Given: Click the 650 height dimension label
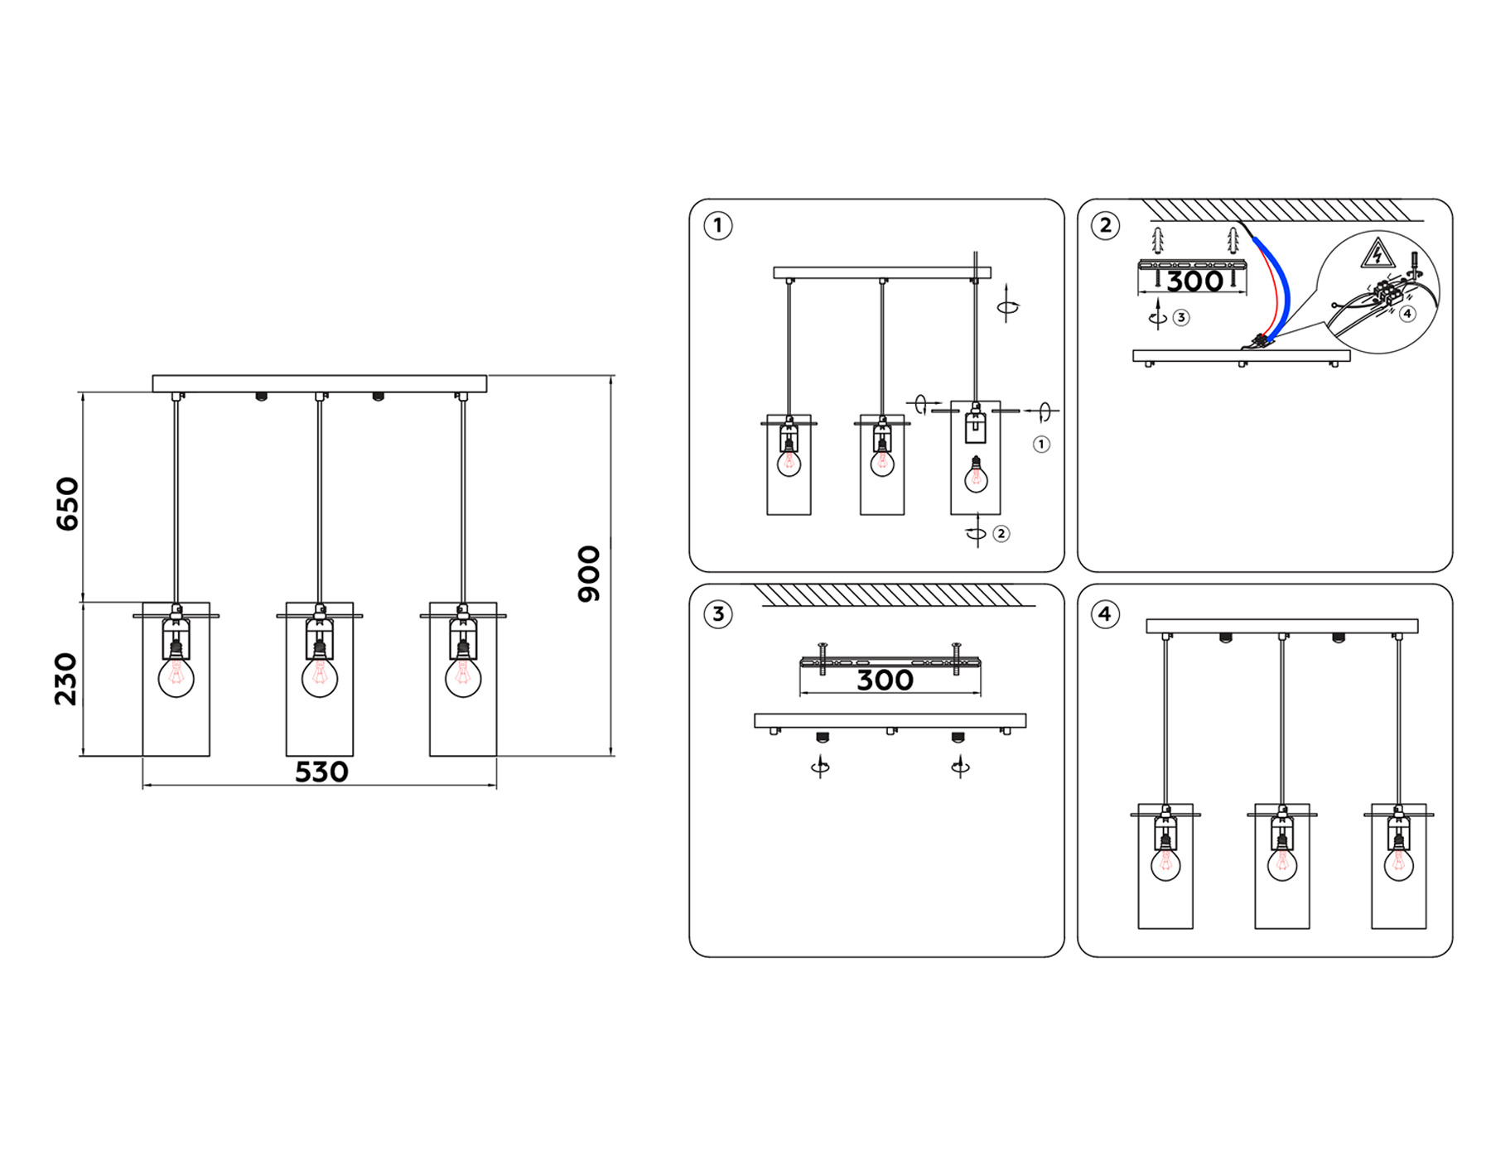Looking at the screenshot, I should click(x=67, y=503).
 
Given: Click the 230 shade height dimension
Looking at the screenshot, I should click(x=66, y=679).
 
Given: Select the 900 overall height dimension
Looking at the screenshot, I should click(x=589, y=574).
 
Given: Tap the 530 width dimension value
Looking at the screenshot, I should click(x=321, y=772).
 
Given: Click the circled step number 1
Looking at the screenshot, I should click(x=717, y=225).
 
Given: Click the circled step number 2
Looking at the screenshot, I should click(x=1105, y=225).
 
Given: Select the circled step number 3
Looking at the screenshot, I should click(x=717, y=613).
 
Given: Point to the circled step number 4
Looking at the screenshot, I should click(x=1105, y=613).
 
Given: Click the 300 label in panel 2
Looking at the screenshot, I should click(x=1194, y=281).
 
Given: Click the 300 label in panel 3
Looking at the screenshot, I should click(x=885, y=680).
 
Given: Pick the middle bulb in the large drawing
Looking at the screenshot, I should click(x=320, y=676).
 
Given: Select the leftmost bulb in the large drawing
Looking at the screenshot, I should click(x=176, y=676).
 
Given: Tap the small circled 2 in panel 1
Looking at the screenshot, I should click(x=1001, y=534).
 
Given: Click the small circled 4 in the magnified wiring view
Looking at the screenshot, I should click(x=1407, y=314).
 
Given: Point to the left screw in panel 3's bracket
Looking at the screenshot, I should click(x=823, y=658).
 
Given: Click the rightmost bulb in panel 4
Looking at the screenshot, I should click(x=1398, y=863).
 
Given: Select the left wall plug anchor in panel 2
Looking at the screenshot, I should click(x=1158, y=241).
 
